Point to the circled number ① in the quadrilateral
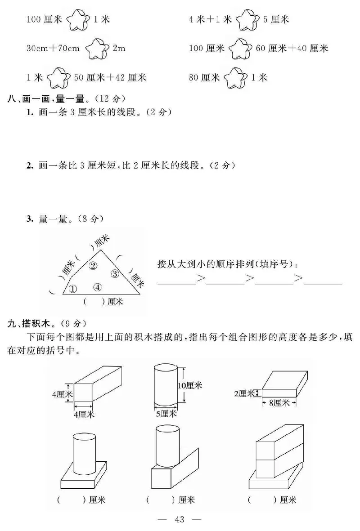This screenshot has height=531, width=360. coord(73,289)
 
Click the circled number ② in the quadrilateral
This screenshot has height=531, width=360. coord(93,265)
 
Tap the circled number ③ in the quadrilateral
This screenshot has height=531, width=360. coord(115,273)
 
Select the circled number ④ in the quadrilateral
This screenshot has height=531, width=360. coord(98,287)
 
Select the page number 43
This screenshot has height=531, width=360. coord(180,520)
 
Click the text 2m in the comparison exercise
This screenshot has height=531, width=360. coord(119,49)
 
